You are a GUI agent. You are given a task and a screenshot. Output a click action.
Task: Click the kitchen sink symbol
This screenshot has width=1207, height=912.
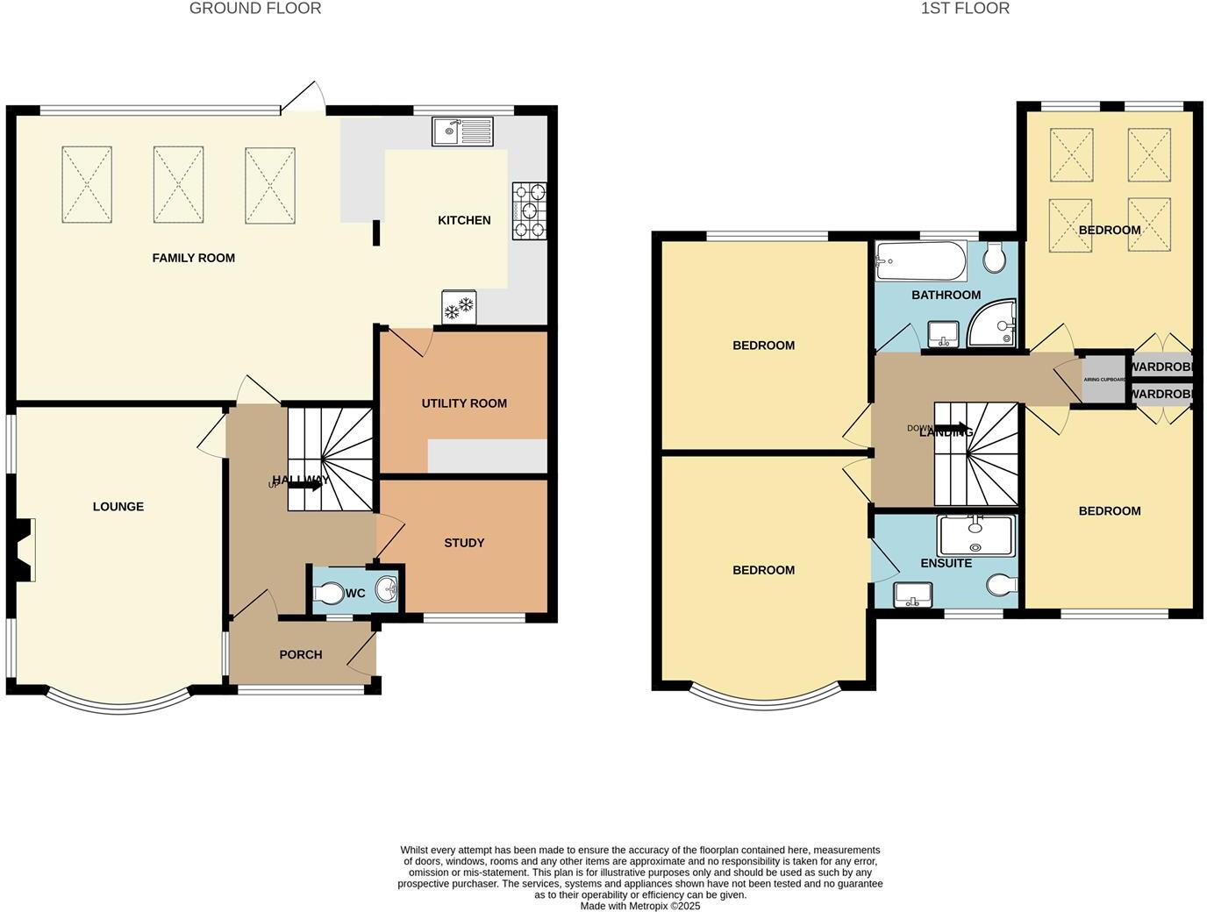click(x=463, y=132)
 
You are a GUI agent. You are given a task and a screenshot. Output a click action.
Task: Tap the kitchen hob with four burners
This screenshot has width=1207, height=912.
click(x=529, y=210)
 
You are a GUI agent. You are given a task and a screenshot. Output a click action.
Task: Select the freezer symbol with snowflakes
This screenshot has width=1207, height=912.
click(x=459, y=307)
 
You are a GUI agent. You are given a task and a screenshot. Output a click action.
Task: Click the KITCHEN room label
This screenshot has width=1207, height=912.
click(x=464, y=220)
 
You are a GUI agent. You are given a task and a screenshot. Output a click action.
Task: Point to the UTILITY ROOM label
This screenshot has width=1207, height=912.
click(x=464, y=403)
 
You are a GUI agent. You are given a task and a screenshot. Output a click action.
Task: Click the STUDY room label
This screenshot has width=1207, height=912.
click(x=464, y=543)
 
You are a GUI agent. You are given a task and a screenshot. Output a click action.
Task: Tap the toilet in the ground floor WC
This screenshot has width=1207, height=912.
click(x=328, y=594)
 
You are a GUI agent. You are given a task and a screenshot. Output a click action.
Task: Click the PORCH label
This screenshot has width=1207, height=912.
click(x=300, y=654)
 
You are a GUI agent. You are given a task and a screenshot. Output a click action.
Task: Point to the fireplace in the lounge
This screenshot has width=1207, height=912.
click(x=24, y=550)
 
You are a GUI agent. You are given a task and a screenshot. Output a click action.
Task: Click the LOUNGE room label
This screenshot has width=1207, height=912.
click(x=118, y=507)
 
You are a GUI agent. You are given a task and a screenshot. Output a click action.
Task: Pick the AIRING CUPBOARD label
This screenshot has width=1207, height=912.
click(x=1104, y=380)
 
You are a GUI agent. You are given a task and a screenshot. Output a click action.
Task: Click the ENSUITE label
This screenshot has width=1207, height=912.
click(x=946, y=563)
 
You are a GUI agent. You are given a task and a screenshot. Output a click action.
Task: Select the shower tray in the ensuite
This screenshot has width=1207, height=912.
click(x=975, y=535)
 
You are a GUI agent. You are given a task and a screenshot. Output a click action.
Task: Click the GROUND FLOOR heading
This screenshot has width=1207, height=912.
click(x=255, y=9)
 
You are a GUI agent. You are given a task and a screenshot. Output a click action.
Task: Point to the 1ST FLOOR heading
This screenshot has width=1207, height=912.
click(x=965, y=9)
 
